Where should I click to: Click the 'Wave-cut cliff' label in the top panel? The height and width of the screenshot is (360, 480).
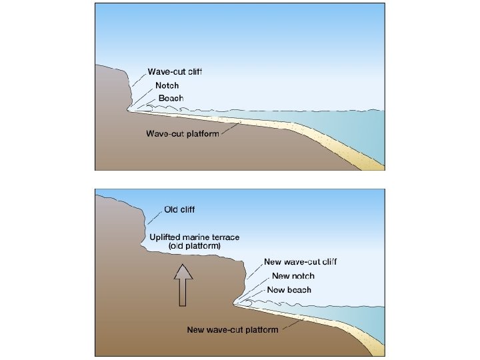click(174, 72)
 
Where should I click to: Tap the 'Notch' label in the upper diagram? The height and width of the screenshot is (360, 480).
click(167, 85)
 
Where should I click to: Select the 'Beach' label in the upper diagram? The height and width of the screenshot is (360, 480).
click(171, 98)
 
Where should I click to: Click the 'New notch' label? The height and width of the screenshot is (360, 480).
click(293, 276)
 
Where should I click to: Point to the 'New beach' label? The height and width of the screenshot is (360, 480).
click(289, 290)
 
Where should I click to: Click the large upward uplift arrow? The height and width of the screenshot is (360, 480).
click(183, 283)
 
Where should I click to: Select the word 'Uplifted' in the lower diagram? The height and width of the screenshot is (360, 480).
click(164, 237)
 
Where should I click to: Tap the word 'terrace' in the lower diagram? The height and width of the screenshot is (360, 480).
click(223, 237)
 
